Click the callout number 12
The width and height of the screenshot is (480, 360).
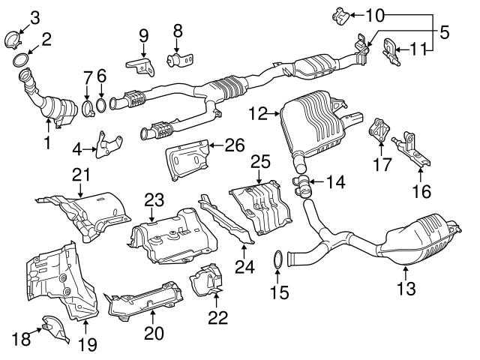[x=257, y=114]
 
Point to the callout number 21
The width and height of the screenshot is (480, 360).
[x=80, y=175]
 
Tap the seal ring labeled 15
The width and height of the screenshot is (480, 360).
[x=276, y=260]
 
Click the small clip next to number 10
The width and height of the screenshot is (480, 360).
[x=339, y=13]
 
